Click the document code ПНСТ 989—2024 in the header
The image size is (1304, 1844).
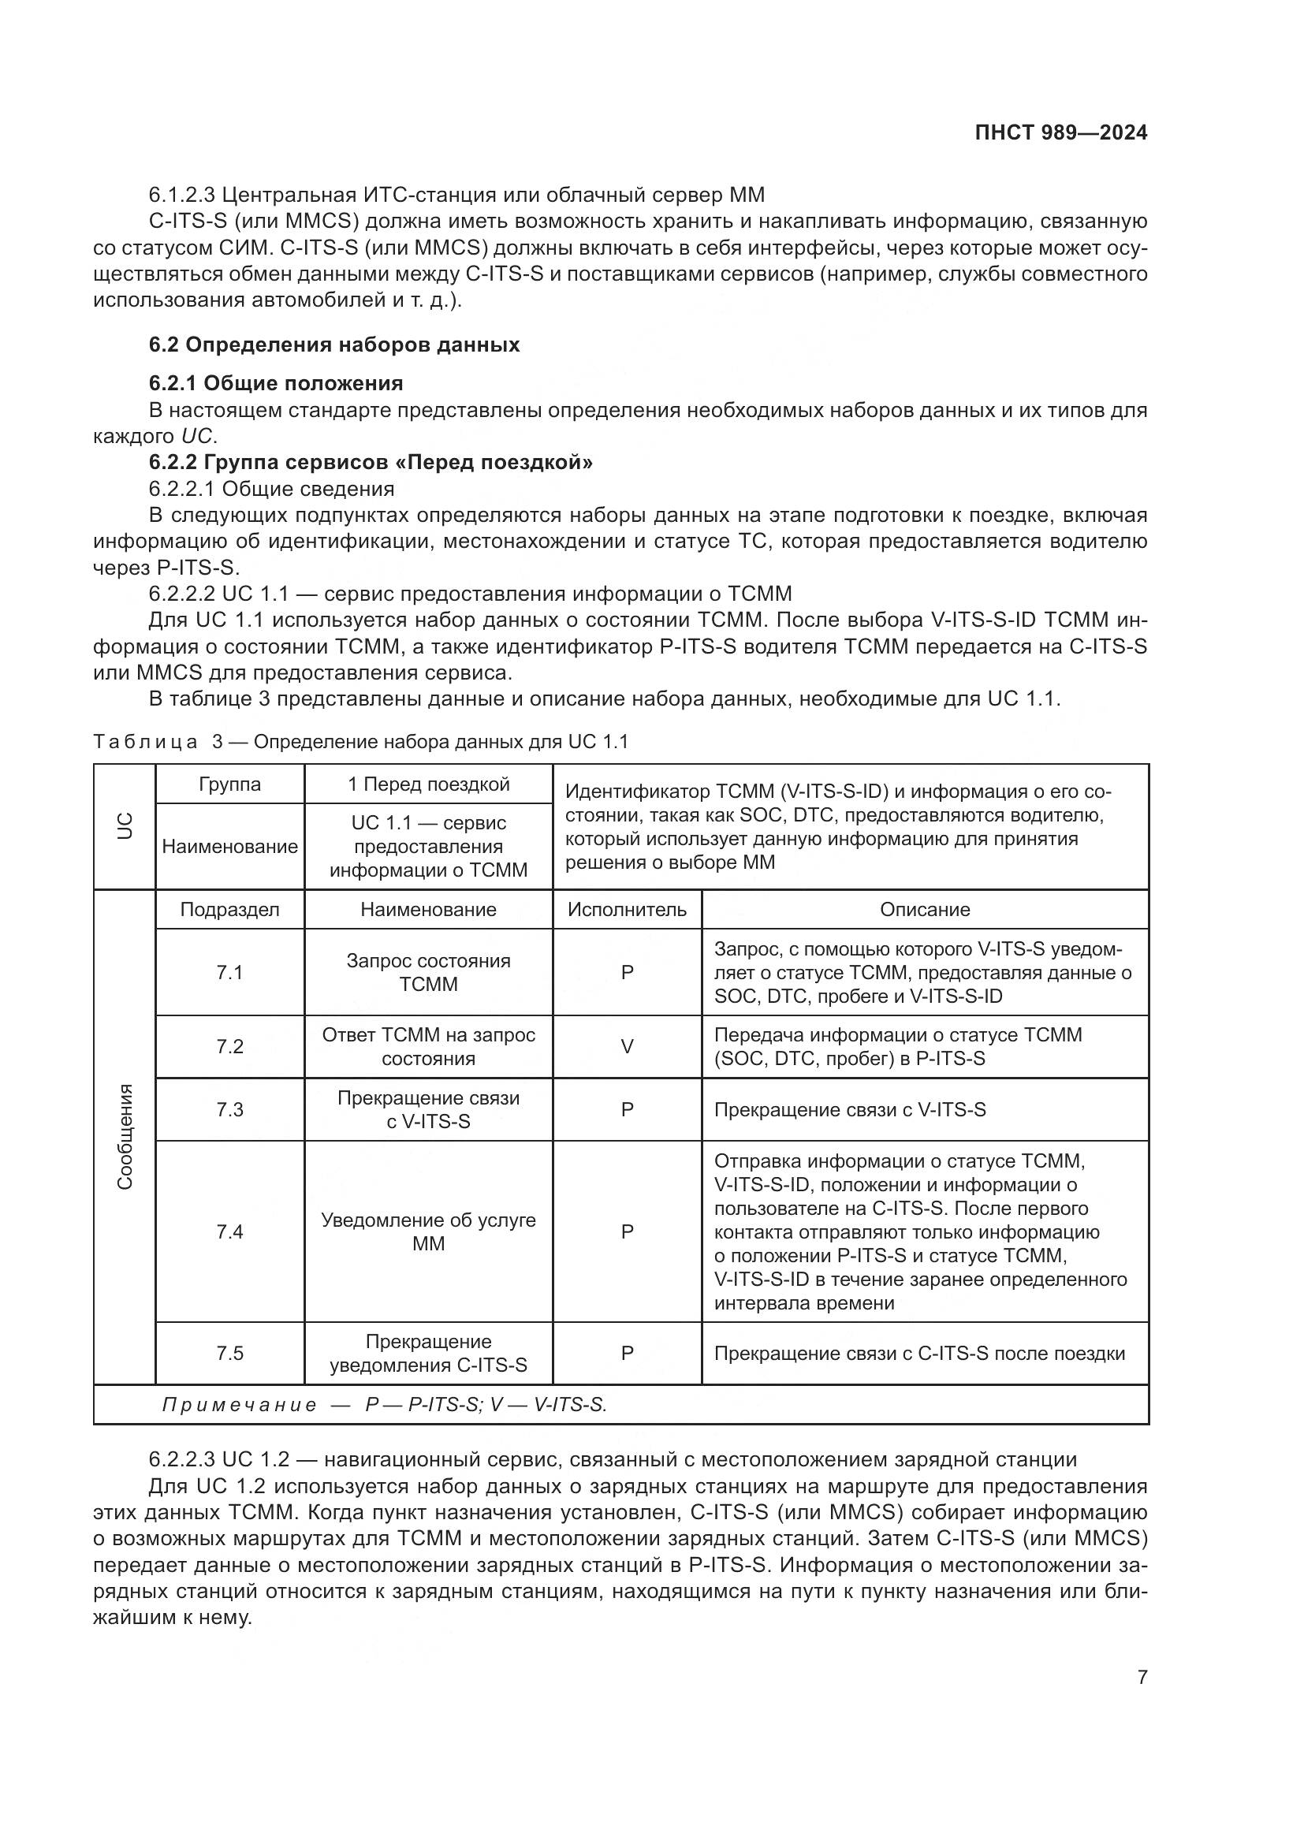(1060, 133)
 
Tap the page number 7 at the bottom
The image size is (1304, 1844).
(1142, 1677)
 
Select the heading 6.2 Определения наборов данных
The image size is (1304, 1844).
(334, 345)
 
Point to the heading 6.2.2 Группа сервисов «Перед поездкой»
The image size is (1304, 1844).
(371, 462)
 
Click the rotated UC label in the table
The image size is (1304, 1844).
(125, 826)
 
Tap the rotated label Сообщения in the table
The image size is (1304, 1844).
(125, 1137)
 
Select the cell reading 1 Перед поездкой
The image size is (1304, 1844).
(428, 784)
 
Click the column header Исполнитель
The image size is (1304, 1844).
(626, 909)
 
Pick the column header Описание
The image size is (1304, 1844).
(924, 909)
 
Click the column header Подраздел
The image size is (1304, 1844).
(229, 909)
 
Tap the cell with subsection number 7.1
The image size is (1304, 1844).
(229, 973)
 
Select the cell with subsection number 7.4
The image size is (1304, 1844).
(229, 1231)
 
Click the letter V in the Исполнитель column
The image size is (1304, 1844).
(627, 1046)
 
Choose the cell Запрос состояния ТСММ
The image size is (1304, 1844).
(428, 973)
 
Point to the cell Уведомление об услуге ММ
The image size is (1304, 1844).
(428, 1231)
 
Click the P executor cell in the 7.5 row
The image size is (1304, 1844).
(627, 1354)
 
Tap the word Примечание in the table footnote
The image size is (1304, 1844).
(240, 1405)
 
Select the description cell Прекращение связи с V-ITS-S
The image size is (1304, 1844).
(850, 1110)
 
